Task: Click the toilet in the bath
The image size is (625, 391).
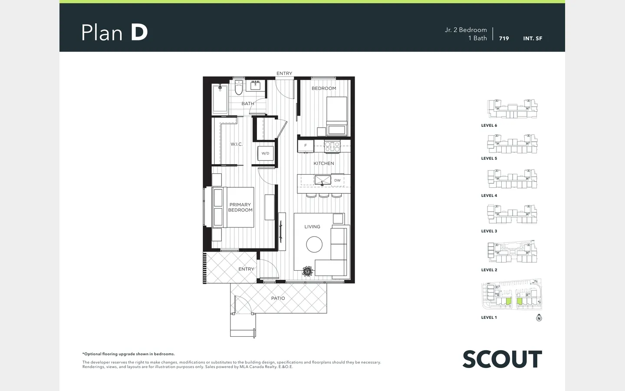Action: click(239, 87)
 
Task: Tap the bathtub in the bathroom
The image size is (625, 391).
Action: click(220, 99)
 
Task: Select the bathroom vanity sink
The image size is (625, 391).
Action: click(255, 85)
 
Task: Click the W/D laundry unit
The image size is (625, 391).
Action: click(265, 153)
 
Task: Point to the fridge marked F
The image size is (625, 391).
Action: click(306, 146)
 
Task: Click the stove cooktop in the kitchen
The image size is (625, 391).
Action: click(332, 146)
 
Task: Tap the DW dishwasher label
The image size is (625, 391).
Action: click(337, 180)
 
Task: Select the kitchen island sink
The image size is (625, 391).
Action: click(322, 180)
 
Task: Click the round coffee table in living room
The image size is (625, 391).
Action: click(314, 244)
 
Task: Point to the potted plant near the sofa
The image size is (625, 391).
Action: click(307, 271)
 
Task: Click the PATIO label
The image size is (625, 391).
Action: click(278, 298)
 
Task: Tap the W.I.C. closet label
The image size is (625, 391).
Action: click(237, 144)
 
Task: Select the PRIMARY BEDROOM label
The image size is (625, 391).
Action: click(240, 207)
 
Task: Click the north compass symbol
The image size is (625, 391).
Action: click(539, 318)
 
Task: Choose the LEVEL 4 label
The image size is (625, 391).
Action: click(489, 195)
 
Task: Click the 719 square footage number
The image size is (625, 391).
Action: click(504, 39)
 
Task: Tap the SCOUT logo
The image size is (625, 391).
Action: click(502, 359)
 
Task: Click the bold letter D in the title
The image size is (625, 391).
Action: click(139, 33)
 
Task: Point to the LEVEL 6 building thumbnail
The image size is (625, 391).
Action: click(512, 109)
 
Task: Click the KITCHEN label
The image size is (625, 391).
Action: click(324, 163)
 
